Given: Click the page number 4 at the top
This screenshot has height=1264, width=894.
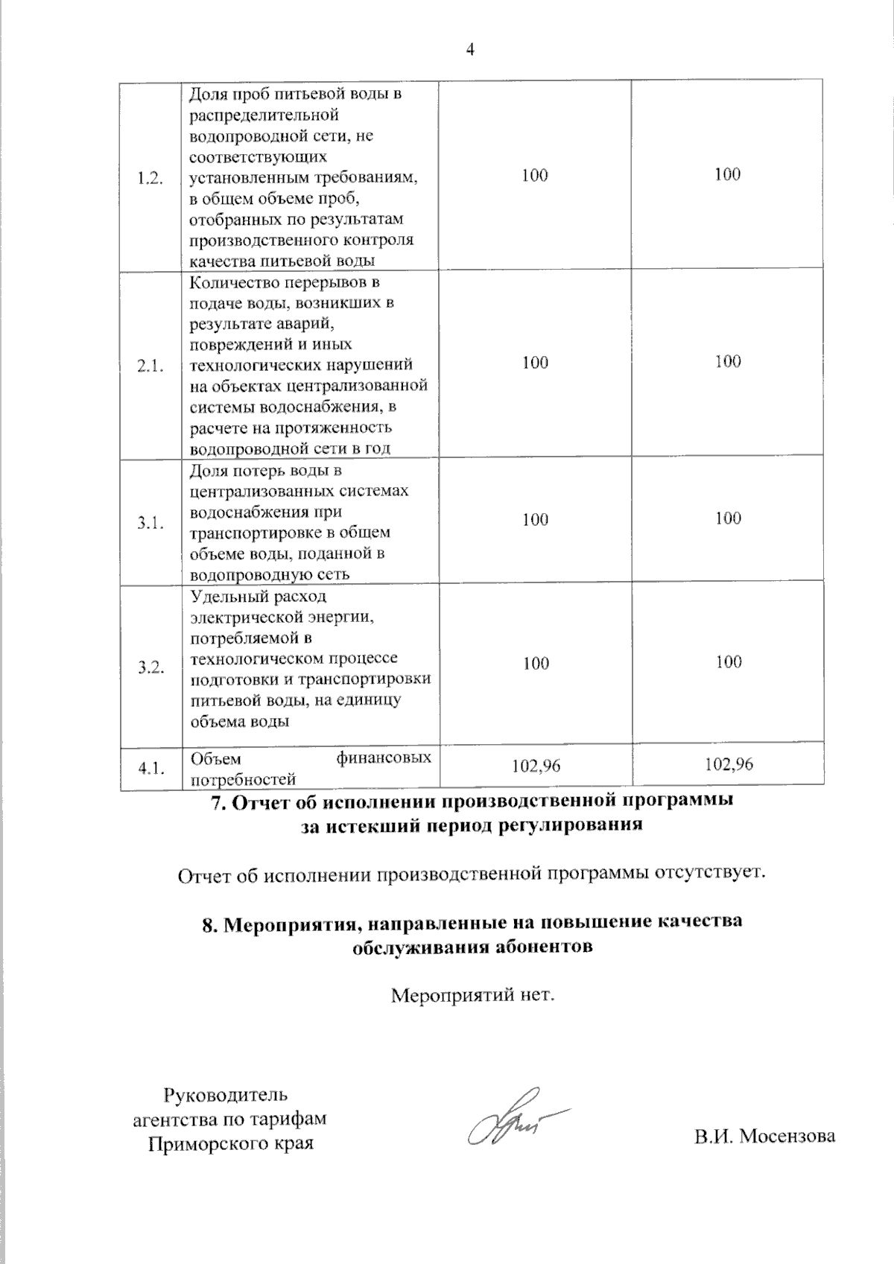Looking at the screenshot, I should (x=469, y=50).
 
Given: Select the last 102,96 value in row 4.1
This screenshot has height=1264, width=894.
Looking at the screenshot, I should (x=729, y=764).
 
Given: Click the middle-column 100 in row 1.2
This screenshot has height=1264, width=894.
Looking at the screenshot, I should (x=536, y=175).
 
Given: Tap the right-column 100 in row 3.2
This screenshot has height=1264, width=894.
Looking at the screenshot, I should (x=729, y=662).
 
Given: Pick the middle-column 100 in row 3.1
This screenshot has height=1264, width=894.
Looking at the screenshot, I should (x=536, y=519).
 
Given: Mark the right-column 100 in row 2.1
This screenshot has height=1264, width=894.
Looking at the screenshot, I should (x=728, y=362).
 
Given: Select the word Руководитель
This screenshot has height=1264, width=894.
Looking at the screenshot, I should (x=225, y=1095).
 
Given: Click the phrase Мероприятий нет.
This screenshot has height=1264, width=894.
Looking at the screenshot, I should (x=474, y=994).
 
